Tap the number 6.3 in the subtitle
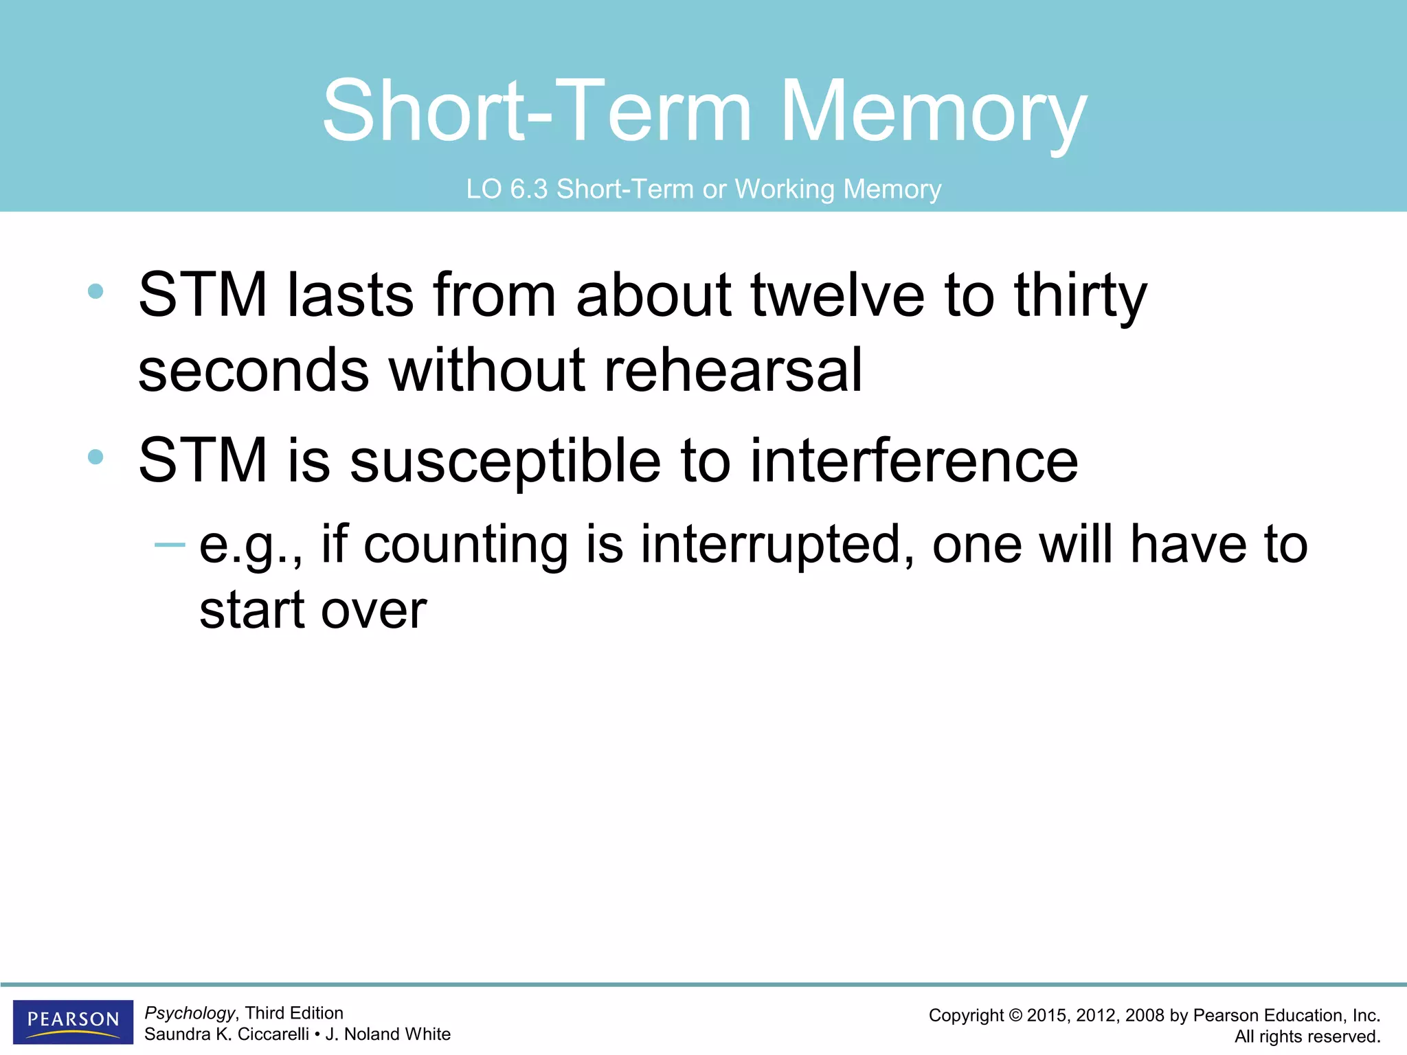(x=528, y=190)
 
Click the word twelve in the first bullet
(x=837, y=295)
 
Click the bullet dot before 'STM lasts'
(x=95, y=291)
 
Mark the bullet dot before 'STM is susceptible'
(x=95, y=457)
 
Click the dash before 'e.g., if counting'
(x=170, y=545)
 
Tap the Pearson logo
(x=73, y=1021)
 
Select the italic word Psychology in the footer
(x=190, y=1013)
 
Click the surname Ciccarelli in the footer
(x=273, y=1034)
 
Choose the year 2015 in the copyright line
(x=1048, y=1016)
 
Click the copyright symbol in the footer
(x=1015, y=1016)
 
